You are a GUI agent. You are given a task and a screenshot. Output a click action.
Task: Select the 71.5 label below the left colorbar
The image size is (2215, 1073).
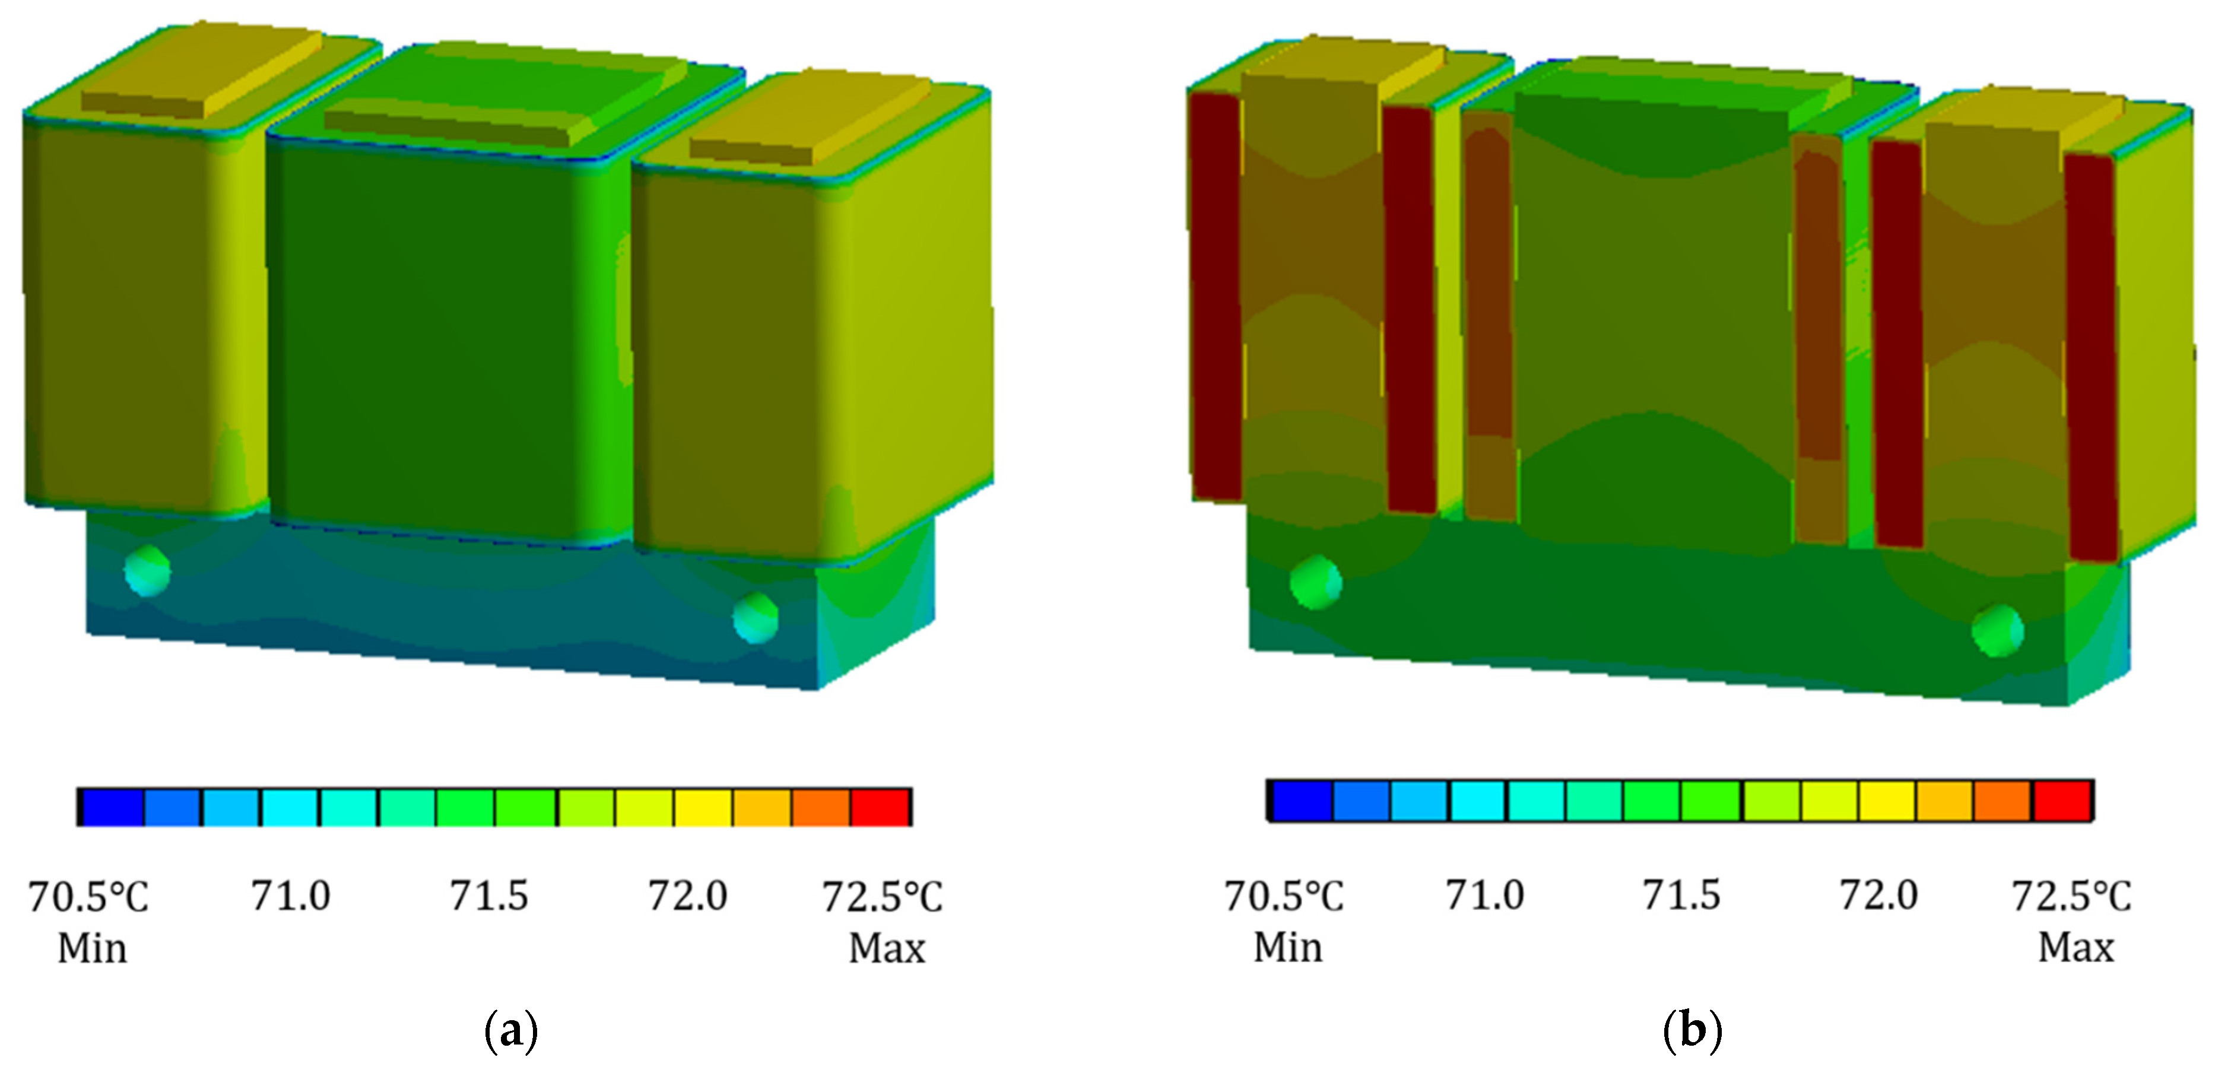coord(488,896)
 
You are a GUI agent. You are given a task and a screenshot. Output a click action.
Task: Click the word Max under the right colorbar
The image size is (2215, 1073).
coord(2076,947)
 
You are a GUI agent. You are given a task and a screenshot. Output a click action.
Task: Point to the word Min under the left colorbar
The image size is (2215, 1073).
coord(92,948)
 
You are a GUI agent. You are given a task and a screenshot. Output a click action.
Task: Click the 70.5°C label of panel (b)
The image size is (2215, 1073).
coord(1283,896)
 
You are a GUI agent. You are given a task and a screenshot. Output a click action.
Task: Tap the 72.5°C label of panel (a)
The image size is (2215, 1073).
coord(882,897)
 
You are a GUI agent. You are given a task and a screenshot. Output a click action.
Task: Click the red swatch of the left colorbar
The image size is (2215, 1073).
coord(881,807)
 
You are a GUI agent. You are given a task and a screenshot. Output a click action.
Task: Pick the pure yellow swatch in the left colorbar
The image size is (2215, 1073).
coord(703,807)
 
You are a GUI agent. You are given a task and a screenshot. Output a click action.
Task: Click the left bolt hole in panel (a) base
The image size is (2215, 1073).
coord(147,570)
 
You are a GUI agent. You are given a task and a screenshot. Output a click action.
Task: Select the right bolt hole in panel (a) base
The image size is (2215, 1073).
coord(756,617)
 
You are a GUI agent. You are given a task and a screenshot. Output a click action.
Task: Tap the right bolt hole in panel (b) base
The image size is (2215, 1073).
coord(1997,631)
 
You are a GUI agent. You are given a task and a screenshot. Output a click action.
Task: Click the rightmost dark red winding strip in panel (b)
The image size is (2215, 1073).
coord(2091,357)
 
